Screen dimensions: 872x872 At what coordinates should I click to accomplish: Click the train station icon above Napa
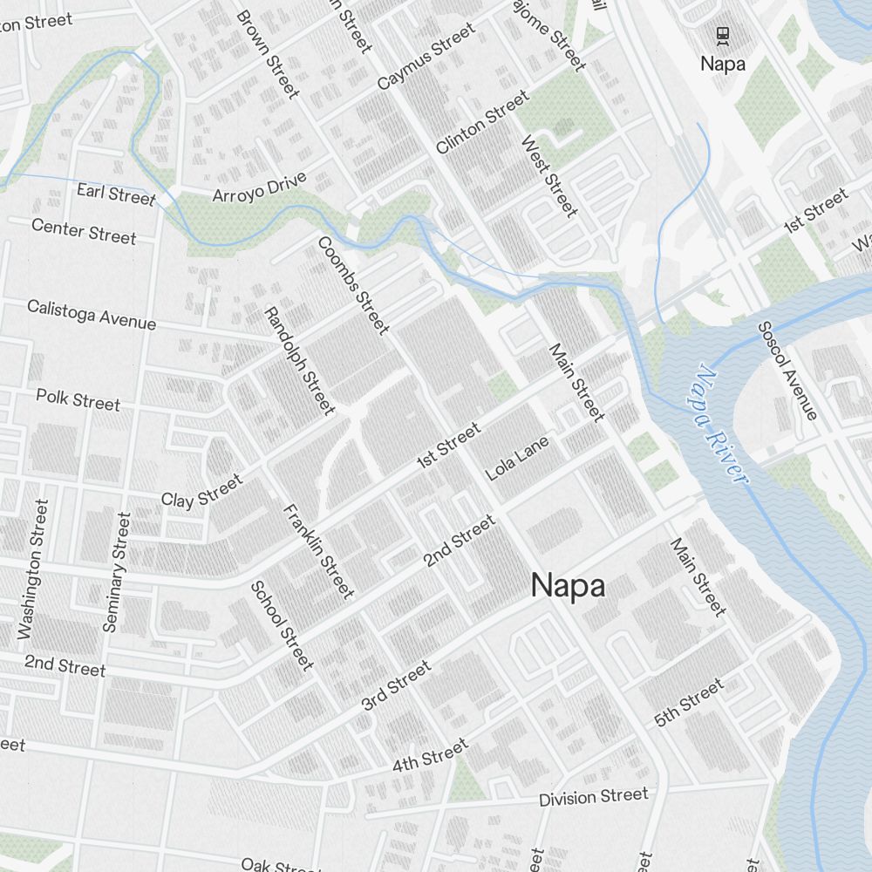(722, 36)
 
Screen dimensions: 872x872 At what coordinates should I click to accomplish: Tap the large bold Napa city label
(568, 586)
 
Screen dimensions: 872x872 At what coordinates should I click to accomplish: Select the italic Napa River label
(720, 425)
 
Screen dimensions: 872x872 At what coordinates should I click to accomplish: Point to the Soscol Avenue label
(787, 371)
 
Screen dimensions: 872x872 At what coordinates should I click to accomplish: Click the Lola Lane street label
(518, 458)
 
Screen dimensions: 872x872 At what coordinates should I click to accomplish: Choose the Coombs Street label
(352, 285)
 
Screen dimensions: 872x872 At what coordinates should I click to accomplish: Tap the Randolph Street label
(299, 360)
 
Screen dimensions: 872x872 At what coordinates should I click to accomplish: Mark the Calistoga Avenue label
(92, 315)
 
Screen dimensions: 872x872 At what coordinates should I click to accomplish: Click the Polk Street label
(78, 399)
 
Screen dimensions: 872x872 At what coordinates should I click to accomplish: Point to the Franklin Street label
(318, 551)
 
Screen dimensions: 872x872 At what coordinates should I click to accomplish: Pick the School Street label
(282, 625)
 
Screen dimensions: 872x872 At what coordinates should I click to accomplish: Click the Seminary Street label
(116, 571)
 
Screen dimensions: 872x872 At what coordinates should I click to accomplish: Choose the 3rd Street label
(396, 685)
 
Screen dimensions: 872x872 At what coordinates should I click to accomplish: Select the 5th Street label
(689, 703)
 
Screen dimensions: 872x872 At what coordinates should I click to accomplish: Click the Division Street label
(593, 797)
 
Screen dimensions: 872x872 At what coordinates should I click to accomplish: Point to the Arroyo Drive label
(259, 187)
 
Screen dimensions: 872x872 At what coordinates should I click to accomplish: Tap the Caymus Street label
(426, 57)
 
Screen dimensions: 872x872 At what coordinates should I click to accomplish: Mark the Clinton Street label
(481, 123)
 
